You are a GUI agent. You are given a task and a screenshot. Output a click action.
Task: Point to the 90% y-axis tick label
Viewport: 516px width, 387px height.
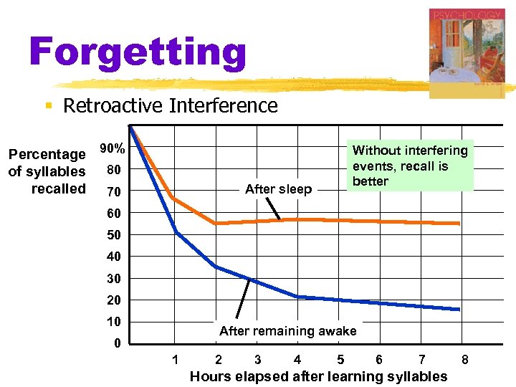point(113,149)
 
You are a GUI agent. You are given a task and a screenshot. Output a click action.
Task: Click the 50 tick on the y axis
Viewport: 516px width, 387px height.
point(114,235)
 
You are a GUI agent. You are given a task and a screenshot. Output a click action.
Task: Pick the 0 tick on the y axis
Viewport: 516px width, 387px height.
point(117,343)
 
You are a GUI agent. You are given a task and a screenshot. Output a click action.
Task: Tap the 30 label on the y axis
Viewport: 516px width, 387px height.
point(114,279)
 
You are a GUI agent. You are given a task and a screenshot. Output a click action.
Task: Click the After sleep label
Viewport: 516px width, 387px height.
point(278,189)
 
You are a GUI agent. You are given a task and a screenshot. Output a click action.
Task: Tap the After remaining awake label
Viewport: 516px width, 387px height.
point(287,330)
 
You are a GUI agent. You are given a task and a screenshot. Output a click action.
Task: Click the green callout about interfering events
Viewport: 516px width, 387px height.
point(410,166)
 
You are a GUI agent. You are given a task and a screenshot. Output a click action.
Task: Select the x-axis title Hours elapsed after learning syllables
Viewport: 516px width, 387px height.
point(318,376)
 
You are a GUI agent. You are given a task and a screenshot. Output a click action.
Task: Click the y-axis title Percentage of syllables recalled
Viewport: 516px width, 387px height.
point(47,171)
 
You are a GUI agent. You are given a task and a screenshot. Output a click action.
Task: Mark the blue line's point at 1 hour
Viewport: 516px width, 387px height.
point(176,231)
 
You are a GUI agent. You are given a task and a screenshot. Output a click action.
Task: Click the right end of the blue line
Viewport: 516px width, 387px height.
point(459,310)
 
